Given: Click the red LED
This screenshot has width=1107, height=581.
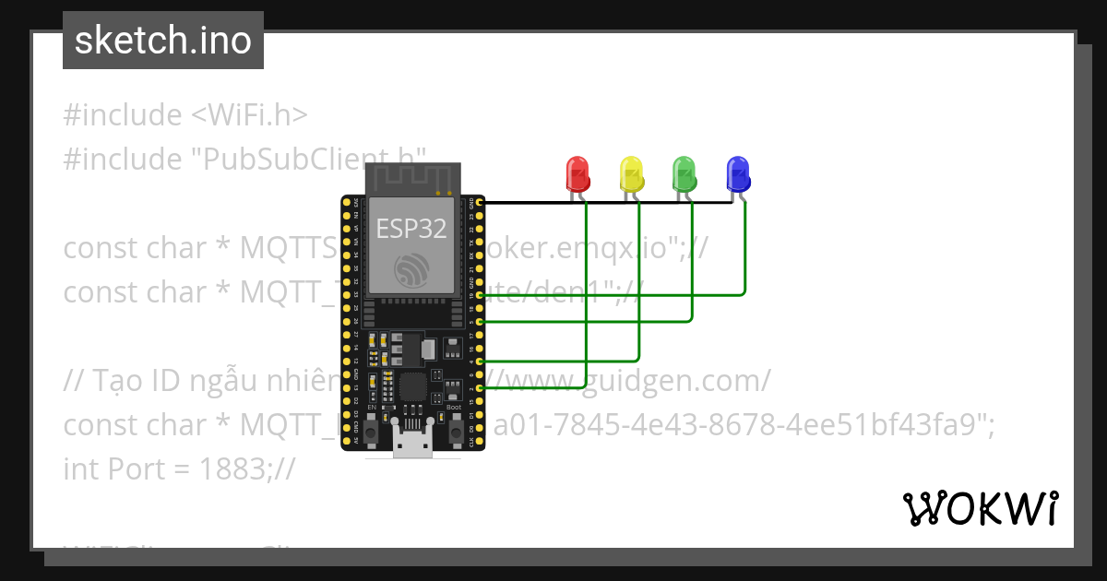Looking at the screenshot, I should pos(577,173).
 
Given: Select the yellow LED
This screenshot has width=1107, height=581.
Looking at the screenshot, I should pos(631,173).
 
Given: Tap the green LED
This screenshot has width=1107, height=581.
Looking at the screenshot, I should pos(684,173).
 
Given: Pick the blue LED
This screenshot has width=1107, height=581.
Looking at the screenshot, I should pos(738,173).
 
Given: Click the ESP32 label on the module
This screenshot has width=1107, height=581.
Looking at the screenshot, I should pos(411,229).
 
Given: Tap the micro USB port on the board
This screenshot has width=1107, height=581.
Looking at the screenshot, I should pos(412,444).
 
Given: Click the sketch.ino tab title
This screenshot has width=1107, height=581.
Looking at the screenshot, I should pos(163,41).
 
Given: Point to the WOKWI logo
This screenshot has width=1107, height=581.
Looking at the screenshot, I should pos(980,508).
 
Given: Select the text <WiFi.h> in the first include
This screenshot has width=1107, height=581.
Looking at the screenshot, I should pos(249,115).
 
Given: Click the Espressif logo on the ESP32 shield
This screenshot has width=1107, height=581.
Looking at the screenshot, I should pos(411,268).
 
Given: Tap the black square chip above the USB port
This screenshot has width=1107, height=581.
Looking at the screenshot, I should pos(412,387).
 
